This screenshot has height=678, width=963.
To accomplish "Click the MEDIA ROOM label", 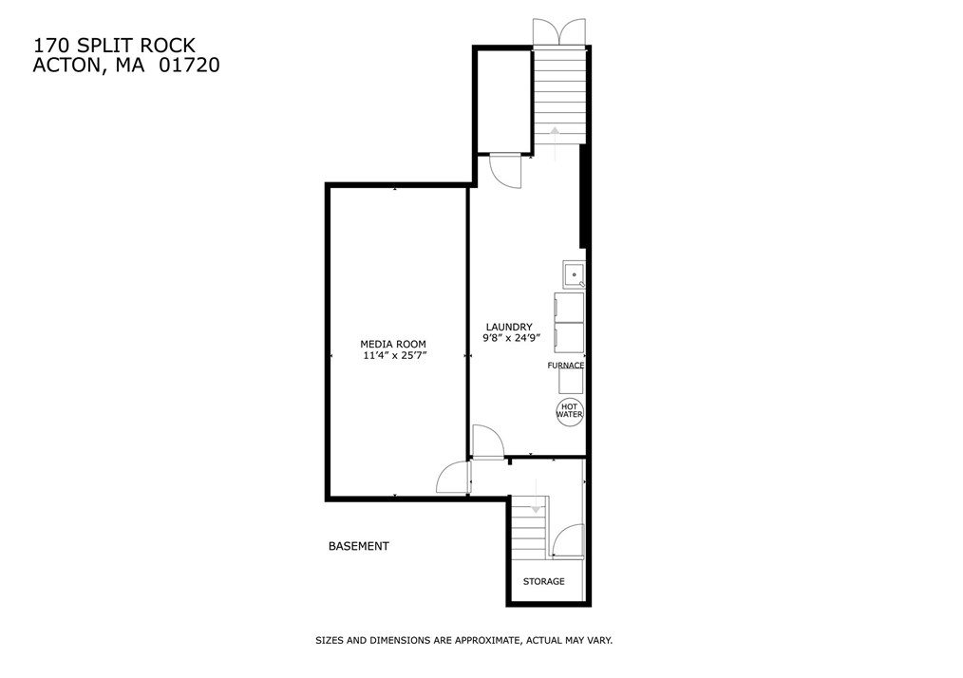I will pos(392,344).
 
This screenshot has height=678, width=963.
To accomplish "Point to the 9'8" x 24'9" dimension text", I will pos(511,338).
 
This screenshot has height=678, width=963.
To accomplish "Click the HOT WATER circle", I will pos(569,410).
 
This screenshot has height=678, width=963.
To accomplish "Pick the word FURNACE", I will pos(565,366).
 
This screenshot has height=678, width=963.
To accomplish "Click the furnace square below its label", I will pos(570,381).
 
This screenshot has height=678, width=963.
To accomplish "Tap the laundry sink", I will pos(575,274).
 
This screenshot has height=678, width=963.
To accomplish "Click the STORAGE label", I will pos(543,581).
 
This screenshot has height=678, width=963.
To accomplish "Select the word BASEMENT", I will pos(358,546).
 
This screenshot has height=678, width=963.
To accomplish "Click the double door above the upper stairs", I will pos(560,31).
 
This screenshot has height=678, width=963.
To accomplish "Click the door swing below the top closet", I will pos(505,172).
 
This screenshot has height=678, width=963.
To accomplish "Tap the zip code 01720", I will pos(192,66).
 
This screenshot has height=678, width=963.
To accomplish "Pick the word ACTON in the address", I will pos(66,66).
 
